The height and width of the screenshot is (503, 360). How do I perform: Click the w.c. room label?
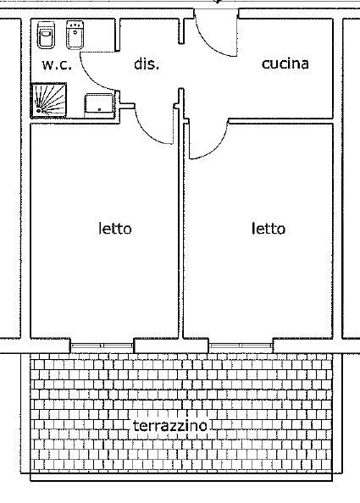57,65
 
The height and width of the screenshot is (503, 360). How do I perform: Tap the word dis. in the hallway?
147,64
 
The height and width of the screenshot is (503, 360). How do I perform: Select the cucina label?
285,64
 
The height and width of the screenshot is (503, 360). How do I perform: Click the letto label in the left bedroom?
115,229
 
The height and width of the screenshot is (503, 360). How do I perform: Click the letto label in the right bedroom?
269,229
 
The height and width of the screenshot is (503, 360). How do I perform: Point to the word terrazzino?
170,426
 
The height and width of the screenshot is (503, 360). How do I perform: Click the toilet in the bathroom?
46,35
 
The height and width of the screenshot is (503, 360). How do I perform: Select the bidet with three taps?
75,35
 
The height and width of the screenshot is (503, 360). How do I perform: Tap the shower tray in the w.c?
49,100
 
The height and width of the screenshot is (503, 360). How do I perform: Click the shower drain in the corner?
39,111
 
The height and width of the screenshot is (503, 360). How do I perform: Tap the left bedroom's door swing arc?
151,132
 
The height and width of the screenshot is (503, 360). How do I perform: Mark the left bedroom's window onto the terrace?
102,345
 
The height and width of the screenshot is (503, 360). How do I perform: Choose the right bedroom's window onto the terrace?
241,345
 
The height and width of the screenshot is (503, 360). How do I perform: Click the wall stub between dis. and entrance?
181,30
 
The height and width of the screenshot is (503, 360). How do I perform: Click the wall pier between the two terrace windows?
171,345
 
